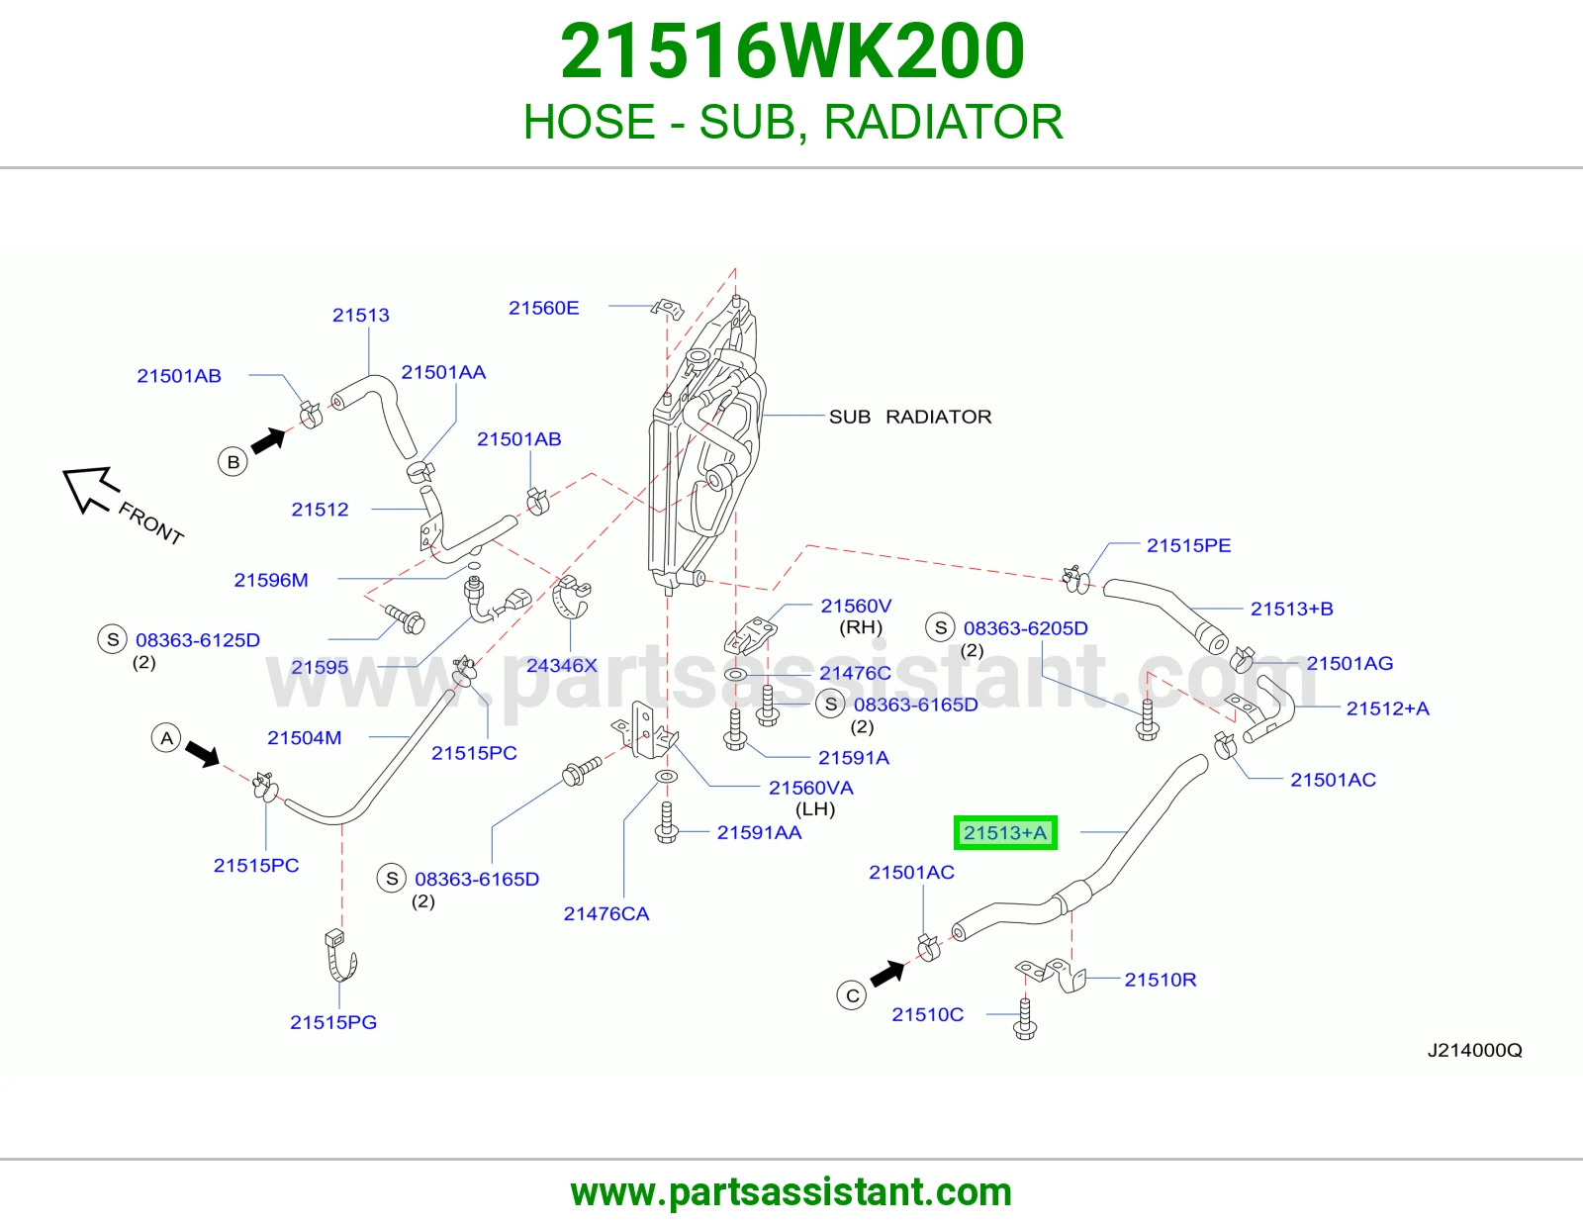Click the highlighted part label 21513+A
pos(1004,832)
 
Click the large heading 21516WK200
pos(791,50)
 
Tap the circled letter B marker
pos(233,461)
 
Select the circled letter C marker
pos(852,995)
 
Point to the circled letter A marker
pos(166,738)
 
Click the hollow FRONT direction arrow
pos(89,488)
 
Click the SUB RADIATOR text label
pos(910,417)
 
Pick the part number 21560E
pos(543,308)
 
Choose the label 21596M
pos(271,580)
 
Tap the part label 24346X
pos(562,665)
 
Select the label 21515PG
pos(333,1022)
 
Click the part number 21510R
pos(1161,980)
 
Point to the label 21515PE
pos(1189,545)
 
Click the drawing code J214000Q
pos(1474,1050)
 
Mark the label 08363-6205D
pos(1026,628)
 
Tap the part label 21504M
pos(305,737)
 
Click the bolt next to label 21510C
pos(1025,1018)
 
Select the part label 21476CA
pos(606,913)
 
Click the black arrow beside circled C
pos(888,974)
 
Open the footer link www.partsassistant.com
pos(791,1192)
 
